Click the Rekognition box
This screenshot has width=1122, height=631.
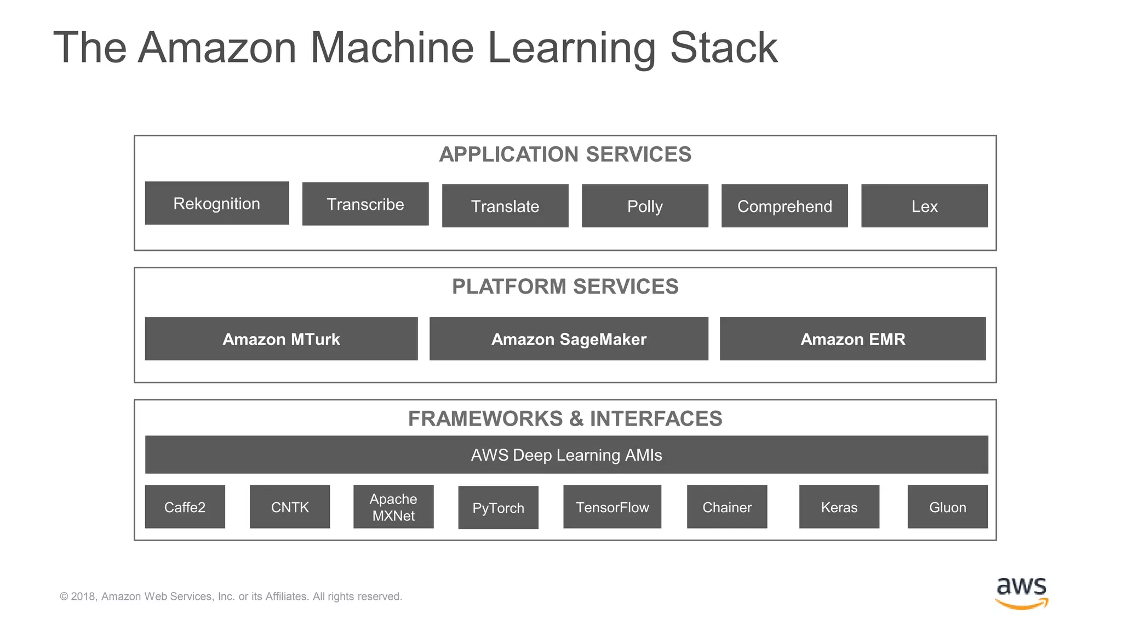216,203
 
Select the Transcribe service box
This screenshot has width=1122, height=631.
365,204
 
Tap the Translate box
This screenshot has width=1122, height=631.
505,206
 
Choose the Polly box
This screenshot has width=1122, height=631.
645,206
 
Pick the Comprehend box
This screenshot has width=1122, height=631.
784,206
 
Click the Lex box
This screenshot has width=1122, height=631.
924,206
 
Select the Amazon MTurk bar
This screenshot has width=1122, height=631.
281,339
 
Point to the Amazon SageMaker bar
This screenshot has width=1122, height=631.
569,339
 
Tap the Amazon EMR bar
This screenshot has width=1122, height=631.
852,339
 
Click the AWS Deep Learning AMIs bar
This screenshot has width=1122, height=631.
566,455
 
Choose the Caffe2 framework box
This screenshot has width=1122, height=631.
185,507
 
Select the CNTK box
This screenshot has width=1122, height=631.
290,507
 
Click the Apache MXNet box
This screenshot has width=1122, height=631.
393,507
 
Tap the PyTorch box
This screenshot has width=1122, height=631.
498,508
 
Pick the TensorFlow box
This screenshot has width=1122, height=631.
612,507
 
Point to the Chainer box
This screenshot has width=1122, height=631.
727,507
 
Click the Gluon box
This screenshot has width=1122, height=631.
947,507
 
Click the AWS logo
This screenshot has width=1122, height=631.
1021,593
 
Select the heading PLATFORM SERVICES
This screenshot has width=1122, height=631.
565,286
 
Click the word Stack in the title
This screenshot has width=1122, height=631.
723,48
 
